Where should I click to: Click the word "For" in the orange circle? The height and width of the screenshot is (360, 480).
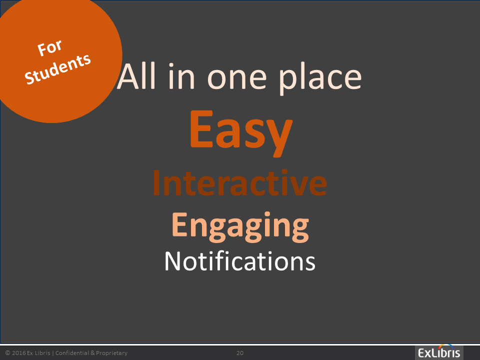(49, 48)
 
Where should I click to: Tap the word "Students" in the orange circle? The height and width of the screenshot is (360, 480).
(58, 69)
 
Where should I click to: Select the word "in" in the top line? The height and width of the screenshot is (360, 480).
(181, 76)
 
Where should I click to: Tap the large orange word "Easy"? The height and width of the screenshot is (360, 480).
(241, 132)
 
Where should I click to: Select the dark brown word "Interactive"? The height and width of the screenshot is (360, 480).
(240, 183)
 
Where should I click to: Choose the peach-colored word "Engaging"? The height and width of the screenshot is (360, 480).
(240, 226)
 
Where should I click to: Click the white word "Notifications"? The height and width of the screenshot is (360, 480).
(240, 261)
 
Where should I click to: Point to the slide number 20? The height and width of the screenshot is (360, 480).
(240, 353)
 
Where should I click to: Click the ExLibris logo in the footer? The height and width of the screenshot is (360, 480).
(439, 352)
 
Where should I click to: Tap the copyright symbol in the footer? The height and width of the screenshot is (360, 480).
(7, 353)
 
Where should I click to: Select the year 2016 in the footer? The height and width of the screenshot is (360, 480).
(18, 353)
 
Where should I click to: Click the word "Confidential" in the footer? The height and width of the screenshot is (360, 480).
(72, 353)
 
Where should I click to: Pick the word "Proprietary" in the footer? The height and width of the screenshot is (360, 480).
(111, 353)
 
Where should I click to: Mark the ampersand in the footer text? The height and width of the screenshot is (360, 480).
(93, 353)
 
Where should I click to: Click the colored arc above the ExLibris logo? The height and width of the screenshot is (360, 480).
(445, 346)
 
